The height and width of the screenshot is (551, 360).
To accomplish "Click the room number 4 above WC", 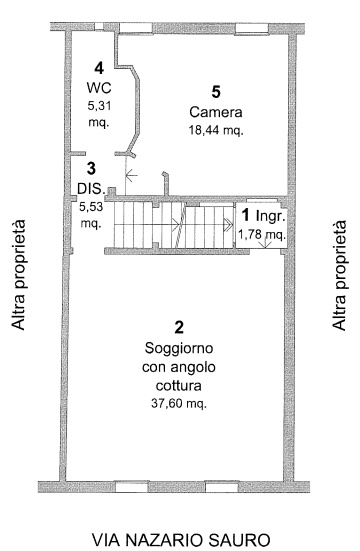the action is click(x=99, y=68).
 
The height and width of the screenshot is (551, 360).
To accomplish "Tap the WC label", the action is click(x=99, y=87).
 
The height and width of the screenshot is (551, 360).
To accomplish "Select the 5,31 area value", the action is click(x=99, y=106).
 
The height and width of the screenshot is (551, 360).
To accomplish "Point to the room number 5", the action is click(x=216, y=92).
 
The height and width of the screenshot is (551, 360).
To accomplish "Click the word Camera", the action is click(x=216, y=112).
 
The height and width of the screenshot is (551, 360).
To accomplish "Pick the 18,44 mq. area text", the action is click(x=216, y=130).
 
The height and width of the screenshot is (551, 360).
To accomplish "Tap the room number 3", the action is click(x=91, y=168).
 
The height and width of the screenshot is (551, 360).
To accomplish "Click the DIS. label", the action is click(x=91, y=189).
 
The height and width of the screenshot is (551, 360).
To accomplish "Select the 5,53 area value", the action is click(x=91, y=207).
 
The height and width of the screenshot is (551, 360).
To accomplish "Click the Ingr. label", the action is click(x=270, y=216).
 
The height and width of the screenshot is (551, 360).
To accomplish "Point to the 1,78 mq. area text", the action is click(x=262, y=234).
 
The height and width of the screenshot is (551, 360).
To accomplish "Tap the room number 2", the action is click(x=179, y=327).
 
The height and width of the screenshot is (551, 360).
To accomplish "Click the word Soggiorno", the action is click(x=179, y=349).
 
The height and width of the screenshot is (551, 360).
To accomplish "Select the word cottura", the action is click(x=179, y=386).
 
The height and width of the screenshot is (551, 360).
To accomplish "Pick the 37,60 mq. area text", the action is click(x=179, y=404).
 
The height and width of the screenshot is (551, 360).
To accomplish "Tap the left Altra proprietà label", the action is click(x=18, y=275).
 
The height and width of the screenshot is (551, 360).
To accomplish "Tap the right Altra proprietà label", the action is click(x=340, y=275).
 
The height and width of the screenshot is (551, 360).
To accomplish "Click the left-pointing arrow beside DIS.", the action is click(x=131, y=175).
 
